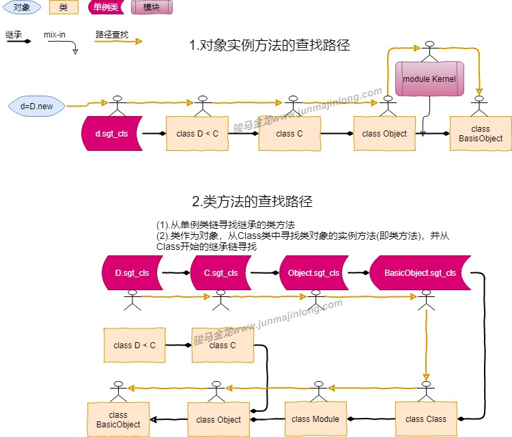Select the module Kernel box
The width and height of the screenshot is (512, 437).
click(429, 79)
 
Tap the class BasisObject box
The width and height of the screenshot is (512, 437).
click(481, 134)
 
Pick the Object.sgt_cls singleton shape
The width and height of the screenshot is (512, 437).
click(313, 273)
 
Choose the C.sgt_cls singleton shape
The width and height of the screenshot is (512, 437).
click(221, 273)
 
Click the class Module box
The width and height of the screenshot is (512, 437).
click(315, 419)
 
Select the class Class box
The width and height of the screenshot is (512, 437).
click(426, 419)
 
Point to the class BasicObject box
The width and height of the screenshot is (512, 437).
click(118, 420)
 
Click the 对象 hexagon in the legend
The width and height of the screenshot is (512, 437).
click(21, 8)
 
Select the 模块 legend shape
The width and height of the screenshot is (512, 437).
click(152, 8)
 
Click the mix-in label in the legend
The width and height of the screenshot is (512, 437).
click(55, 33)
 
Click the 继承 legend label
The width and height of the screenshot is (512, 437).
click(13, 33)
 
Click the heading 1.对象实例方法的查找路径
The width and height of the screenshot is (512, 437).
click(269, 46)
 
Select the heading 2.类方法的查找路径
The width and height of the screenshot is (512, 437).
click(252, 201)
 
